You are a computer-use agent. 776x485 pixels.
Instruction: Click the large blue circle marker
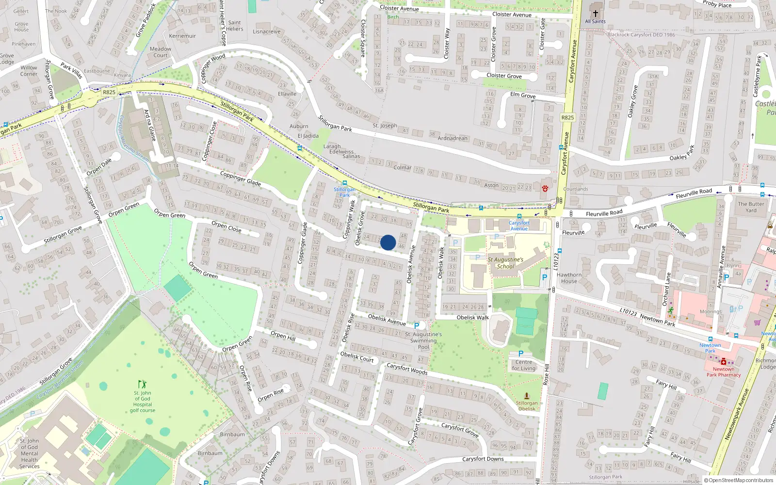pos(388,242)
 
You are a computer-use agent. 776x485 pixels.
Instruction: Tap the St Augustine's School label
pos(505,263)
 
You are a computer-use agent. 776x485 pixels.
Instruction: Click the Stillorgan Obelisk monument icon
pos(527,396)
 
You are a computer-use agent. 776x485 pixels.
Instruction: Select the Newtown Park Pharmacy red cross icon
pos(724,362)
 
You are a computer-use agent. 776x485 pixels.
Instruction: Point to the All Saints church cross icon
pos(596,14)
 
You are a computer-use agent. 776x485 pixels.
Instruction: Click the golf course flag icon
pos(142,384)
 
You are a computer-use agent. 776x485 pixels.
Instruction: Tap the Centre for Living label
pos(524,365)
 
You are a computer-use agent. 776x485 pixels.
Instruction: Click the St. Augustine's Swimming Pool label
pos(423,340)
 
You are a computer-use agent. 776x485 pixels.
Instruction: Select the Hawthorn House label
pos(569,278)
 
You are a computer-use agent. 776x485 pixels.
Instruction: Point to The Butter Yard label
pos(751,207)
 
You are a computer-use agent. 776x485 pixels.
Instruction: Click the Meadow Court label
pos(161,52)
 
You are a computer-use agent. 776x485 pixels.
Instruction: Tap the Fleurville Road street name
pos(604,213)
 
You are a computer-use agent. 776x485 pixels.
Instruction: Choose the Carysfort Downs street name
pos(483,459)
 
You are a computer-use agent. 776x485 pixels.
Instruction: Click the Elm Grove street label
pos(523,95)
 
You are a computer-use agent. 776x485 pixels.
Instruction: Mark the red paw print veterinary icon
pos(545,189)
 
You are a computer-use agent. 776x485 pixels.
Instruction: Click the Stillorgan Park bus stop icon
pos(344,183)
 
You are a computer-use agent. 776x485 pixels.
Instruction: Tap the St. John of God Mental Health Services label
pos(29,453)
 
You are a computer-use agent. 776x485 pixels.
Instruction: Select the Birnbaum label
pos(232,435)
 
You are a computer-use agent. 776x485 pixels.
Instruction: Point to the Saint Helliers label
pos(234,26)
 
